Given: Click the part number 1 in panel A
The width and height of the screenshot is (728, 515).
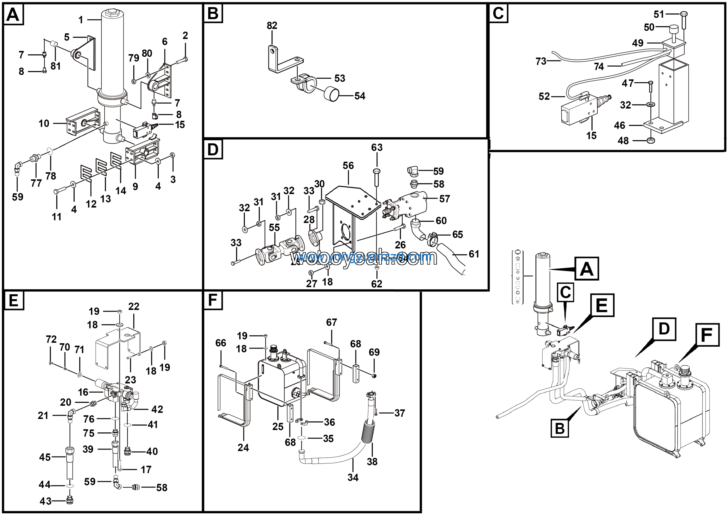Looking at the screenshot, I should [81, 20].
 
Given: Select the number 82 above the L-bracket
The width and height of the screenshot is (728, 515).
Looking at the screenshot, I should [272, 25].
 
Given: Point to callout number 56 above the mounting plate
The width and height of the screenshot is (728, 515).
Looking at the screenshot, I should [348, 165].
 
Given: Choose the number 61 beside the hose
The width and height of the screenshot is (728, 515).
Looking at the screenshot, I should [474, 254].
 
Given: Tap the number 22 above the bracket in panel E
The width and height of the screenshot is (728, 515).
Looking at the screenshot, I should [133, 306].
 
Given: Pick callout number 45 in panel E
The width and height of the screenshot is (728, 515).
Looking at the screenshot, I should [45, 457].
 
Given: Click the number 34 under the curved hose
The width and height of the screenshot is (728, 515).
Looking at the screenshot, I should [353, 477].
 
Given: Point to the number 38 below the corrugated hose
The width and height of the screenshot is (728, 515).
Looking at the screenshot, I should [372, 462].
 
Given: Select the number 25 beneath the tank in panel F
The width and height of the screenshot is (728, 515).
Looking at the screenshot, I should [278, 426].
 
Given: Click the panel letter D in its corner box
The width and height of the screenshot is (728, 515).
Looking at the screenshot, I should [213, 149].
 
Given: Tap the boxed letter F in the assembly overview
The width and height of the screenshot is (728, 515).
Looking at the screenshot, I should [707, 335].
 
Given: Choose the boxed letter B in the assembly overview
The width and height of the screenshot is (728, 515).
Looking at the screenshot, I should [560, 428].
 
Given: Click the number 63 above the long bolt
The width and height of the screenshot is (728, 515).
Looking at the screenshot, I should [377, 147].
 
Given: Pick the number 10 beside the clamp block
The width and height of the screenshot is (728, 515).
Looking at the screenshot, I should [44, 124].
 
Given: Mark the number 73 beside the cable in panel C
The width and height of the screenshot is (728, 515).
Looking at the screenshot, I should [541, 61].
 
